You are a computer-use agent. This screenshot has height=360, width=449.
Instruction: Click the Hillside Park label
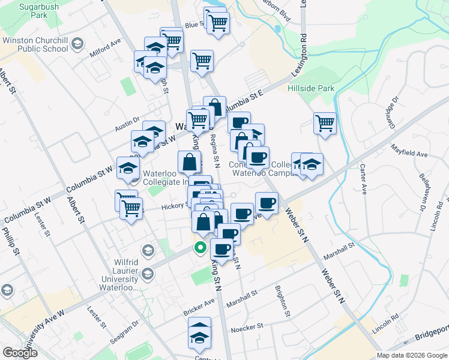[310, 88]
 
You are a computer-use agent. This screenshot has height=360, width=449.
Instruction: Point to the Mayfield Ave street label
[408, 150]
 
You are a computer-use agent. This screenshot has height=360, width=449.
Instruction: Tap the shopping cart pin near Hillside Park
[325, 123]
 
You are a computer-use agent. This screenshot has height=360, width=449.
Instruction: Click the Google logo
[20, 353]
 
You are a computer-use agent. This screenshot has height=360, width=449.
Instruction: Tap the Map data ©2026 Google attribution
[411, 355]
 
